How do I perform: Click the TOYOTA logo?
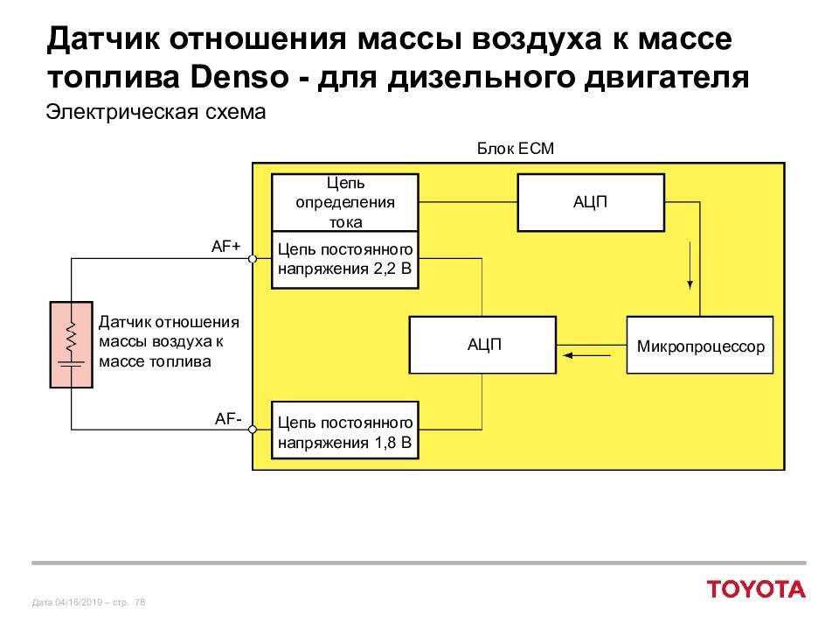click(756, 589)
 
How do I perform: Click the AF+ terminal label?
click(225, 247)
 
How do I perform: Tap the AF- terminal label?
click(228, 418)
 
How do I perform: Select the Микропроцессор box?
click(700, 345)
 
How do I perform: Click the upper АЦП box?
click(591, 202)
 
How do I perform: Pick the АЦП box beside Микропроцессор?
click(482, 345)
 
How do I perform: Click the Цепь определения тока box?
click(345, 202)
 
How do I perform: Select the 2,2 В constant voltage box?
click(345, 260)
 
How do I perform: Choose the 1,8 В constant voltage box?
click(345, 430)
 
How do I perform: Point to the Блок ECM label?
click(516, 149)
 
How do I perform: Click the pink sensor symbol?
click(71, 345)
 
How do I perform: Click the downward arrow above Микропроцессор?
click(690, 266)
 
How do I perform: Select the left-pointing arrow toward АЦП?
click(587, 355)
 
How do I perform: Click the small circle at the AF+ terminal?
click(253, 259)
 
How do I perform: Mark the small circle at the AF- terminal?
click(253, 429)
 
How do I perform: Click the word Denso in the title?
click(239, 78)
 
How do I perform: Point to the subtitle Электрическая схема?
click(156, 113)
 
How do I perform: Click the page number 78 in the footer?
click(140, 602)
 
